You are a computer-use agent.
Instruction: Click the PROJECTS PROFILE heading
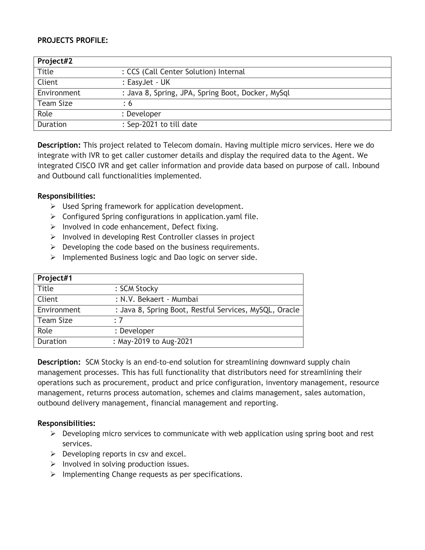[72, 40]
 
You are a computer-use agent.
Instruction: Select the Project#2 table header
[55, 61]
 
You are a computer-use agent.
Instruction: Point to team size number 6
[130, 103]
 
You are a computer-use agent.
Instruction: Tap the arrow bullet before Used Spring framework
[53, 206]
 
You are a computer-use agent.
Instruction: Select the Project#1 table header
[55, 278]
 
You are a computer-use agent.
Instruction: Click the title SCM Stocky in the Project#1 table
[139, 288]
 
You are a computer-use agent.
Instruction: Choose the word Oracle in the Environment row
[288, 310]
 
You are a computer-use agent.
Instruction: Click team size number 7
[121, 320]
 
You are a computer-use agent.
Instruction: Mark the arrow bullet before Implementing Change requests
[53, 474]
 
